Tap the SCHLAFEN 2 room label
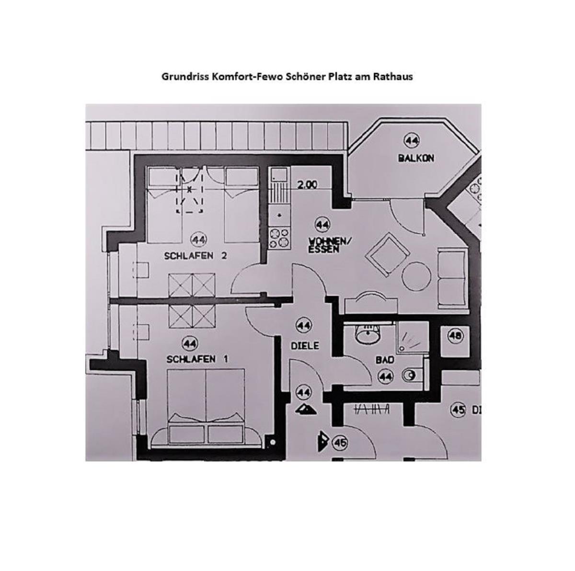(195, 256)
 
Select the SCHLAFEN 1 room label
(197, 359)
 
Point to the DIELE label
(305, 345)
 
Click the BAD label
(385, 360)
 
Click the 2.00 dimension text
(307, 185)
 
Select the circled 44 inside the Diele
(304, 325)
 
